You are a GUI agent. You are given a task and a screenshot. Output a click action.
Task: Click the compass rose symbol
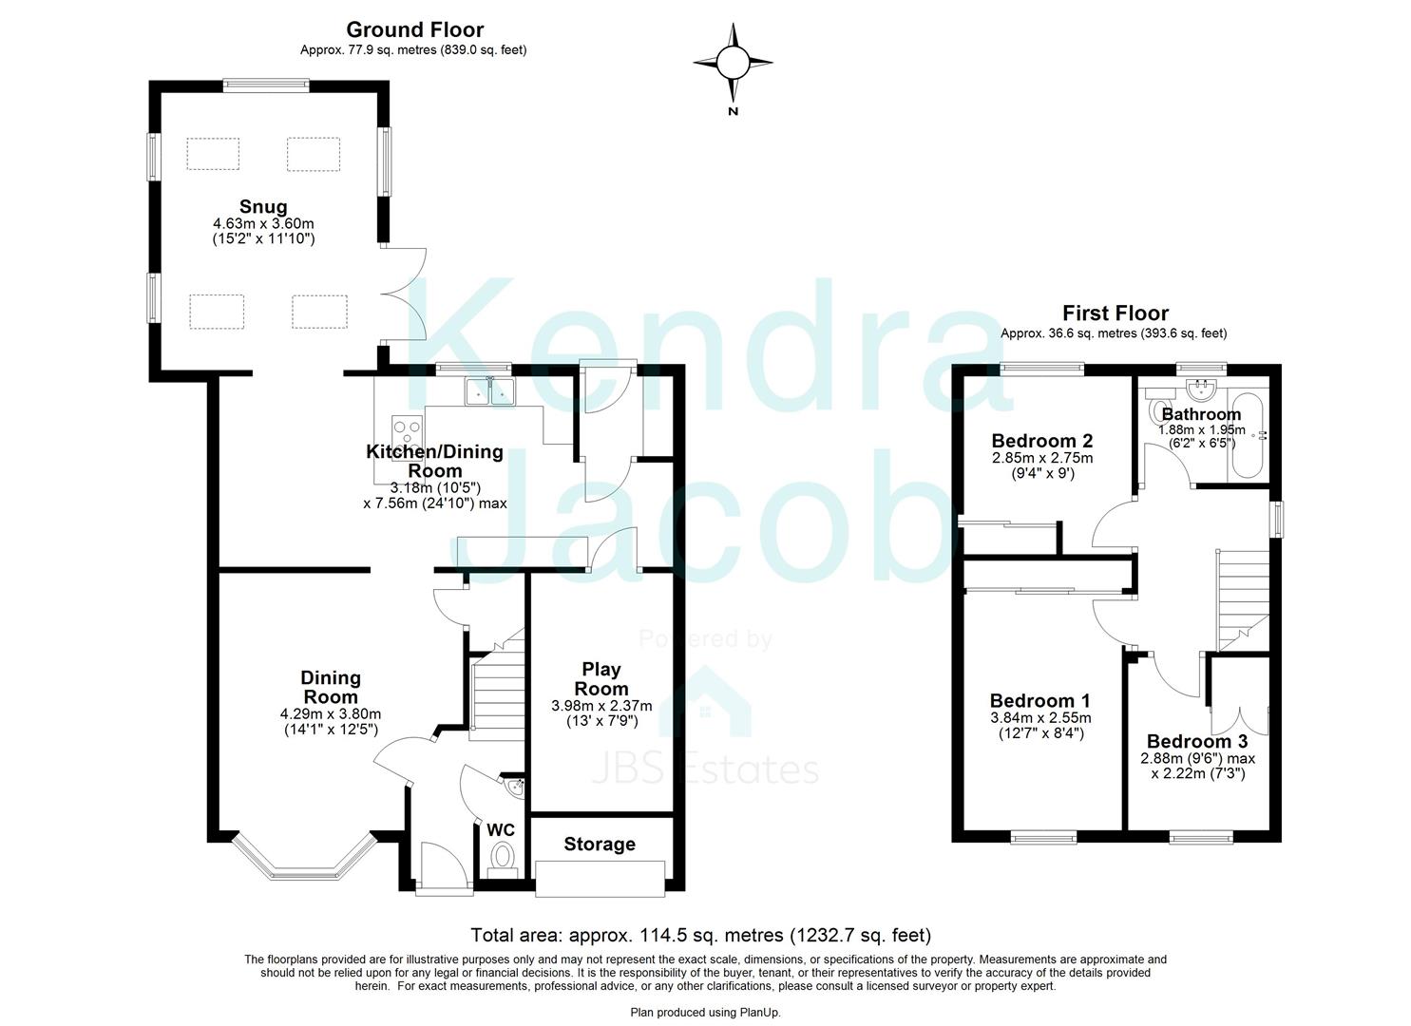pyautogui.click(x=733, y=64)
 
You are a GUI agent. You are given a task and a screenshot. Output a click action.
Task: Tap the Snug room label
pyautogui.click(x=263, y=207)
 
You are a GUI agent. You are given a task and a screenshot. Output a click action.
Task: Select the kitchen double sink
pyautogui.click(x=489, y=390)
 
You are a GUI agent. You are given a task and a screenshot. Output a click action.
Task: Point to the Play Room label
pyautogui.click(x=601, y=679)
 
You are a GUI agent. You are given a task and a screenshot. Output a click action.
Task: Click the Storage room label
pyautogui.click(x=600, y=844)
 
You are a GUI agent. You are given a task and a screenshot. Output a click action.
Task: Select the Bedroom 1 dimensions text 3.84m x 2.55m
pyautogui.click(x=1040, y=718)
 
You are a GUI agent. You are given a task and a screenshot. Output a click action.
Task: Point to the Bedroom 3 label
pyautogui.click(x=1196, y=741)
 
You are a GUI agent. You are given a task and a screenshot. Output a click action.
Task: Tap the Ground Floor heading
pyautogui.click(x=414, y=30)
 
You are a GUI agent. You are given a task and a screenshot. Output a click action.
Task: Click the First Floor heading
pyautogui.click(x=1115, y=313)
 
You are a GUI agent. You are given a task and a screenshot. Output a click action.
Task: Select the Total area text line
pyautogui.click(x=701, y=935)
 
